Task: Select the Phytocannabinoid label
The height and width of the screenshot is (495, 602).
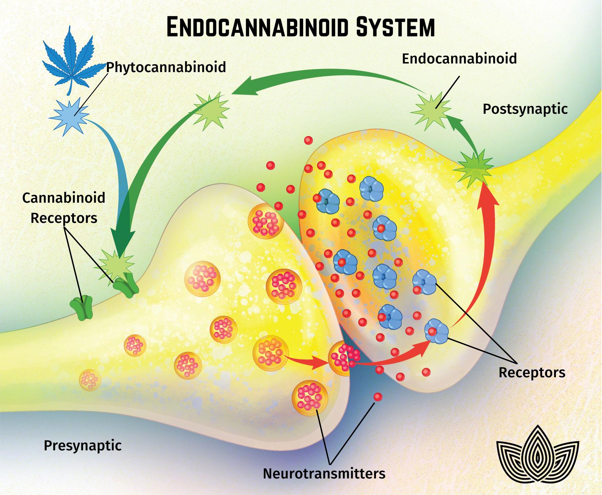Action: [166, 67]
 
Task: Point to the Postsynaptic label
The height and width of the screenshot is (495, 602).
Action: [525, 109]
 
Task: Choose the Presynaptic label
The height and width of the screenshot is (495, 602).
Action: [82, 445]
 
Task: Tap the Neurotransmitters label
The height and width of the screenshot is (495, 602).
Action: [324, 473]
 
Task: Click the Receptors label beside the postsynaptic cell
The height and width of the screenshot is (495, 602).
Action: [532, 372]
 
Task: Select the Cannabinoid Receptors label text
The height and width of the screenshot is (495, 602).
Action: [64, 208]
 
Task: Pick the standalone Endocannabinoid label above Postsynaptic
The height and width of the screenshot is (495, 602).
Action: [459, 58]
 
